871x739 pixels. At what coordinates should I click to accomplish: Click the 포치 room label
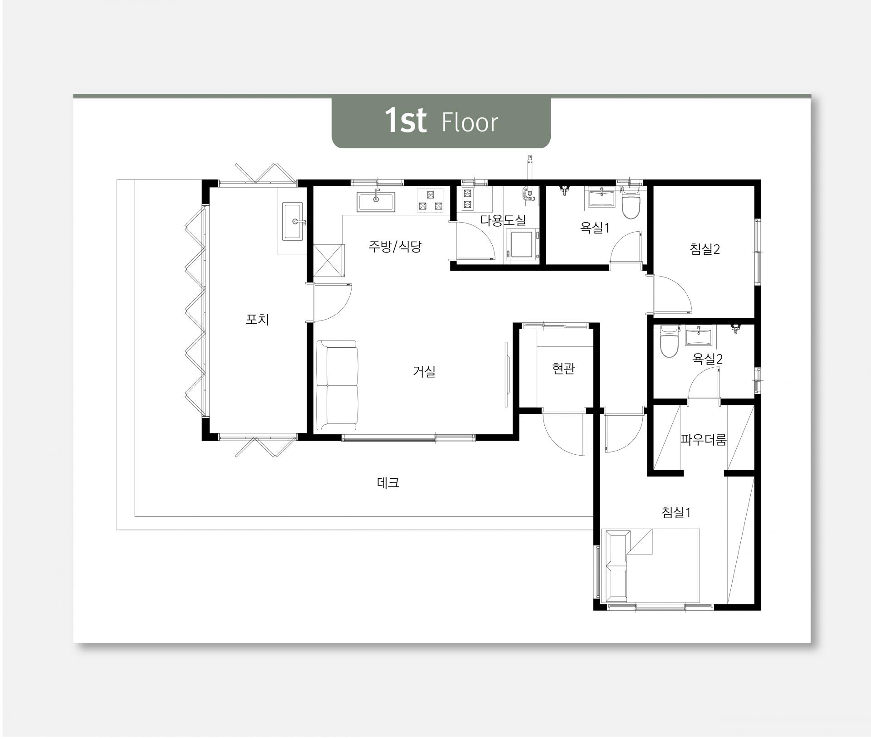click(x=257, y=320)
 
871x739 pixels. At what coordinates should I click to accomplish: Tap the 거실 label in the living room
click(x=424, y=372)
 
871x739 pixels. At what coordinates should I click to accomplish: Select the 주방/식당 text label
click(x=395, y=247)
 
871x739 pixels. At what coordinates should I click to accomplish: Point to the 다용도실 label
click(x=503, y=221)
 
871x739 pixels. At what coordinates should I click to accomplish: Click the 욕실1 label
click(x=595, y=228)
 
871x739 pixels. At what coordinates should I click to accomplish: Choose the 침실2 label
click(x=705, y=249)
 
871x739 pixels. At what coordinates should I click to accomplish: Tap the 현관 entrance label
click(x=563, y=369)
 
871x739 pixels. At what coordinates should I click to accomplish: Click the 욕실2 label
click(x=707, y=360)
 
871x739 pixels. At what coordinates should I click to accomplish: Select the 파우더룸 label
click(x=704, y=439)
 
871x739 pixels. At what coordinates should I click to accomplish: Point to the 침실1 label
click(x=676, y=513)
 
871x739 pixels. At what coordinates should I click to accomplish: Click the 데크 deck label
click(x=388, y=483)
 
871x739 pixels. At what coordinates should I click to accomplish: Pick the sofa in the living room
click(x=337, y=386)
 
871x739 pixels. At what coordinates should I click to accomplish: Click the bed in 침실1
click(x=650, y=566)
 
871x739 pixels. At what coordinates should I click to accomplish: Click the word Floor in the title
click(x=470, y=122)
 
